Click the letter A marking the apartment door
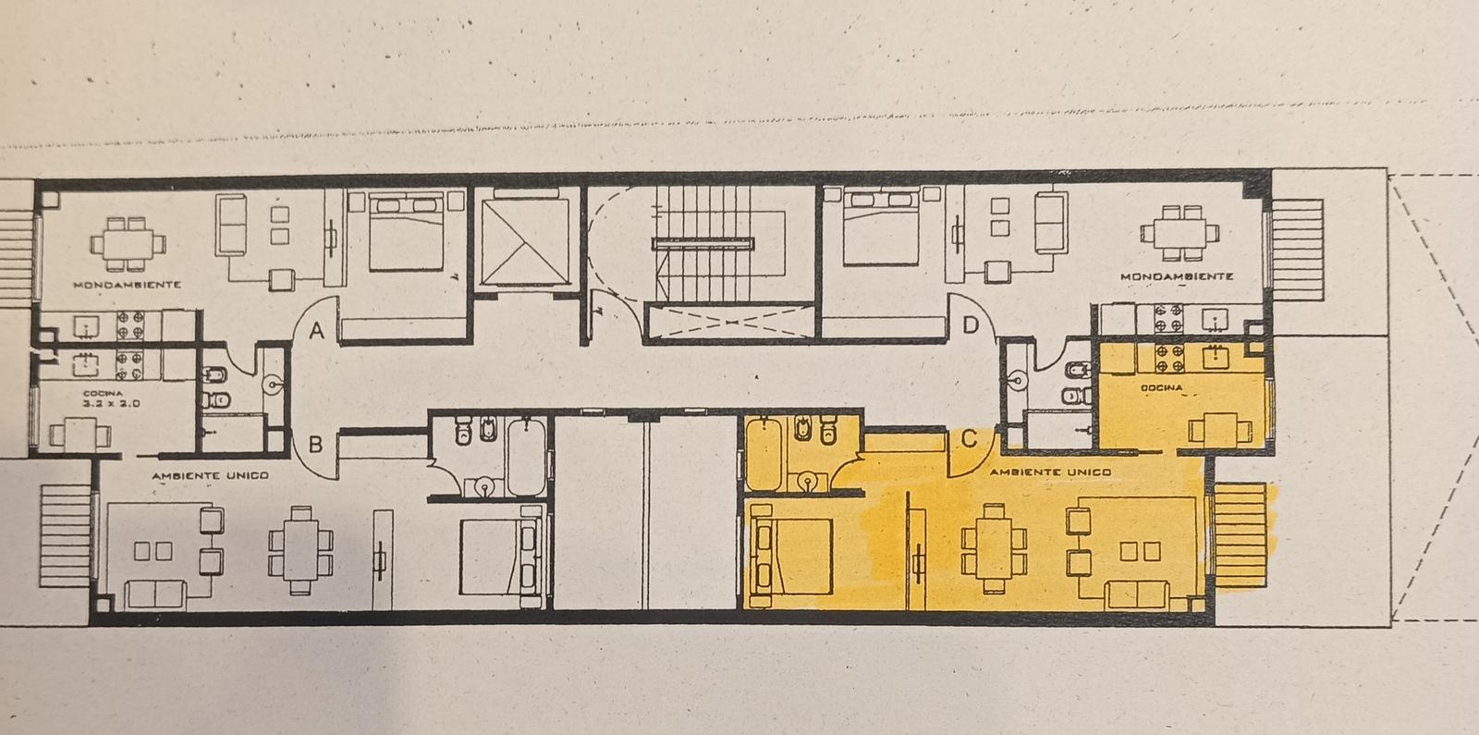pos(317,330)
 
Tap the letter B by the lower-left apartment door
pos(315,445)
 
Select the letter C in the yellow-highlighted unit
pos(969,439)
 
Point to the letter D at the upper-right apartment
pos(971,325)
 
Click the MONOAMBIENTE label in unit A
pos(127,285)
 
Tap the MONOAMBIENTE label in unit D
pos(1177,276)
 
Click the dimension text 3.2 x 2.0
pos(111,403)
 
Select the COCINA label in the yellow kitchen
pos(1162,387)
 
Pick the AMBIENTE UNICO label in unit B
pos(210,475)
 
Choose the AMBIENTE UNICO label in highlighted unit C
pos(1050,472)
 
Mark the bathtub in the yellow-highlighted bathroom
pos(764,454)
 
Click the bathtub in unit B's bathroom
pos(526,457)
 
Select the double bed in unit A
pos(406,230)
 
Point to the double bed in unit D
pos(882,227)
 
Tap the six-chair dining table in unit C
pos(994,548)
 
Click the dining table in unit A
pos(128,244)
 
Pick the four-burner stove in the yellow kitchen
pos(1169,357)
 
